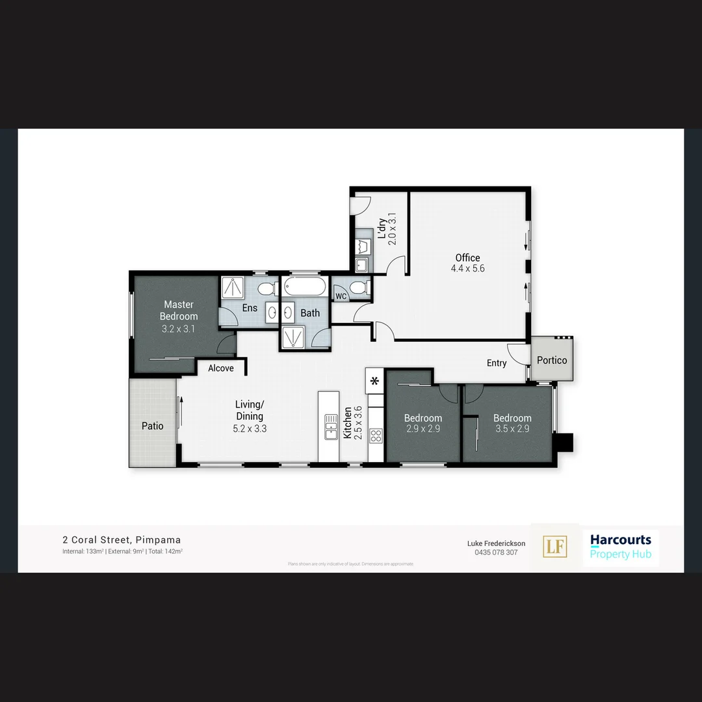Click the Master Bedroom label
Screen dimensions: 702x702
pos(179,310)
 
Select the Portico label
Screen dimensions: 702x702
pos(552,360)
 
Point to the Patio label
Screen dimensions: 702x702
pos(153,426)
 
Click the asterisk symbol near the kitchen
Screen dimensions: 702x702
pos(375,382)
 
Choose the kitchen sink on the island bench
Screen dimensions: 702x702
pos(330,426)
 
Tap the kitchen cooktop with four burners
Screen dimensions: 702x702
pos(376,435)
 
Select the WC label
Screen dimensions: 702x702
pos(341,296)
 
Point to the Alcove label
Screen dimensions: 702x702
pos(221,369)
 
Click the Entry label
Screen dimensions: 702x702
pos(497,363)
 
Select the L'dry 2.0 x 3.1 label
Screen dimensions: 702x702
pos(387,229)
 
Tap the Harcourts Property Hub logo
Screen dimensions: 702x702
pos(620,547)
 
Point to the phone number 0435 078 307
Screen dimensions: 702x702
pos(496,552)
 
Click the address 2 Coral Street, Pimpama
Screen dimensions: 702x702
pos(122,539)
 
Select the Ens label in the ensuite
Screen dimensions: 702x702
pos(250,308)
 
